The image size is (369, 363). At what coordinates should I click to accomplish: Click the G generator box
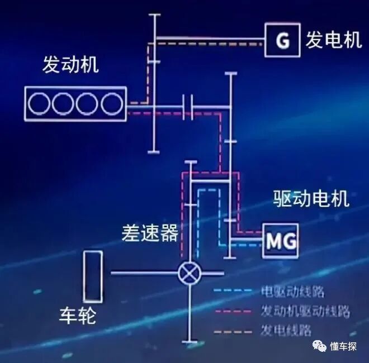coord(283,40)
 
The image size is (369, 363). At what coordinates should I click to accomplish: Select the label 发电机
coord(334,40)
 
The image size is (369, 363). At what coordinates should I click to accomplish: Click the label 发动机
coord(70,65)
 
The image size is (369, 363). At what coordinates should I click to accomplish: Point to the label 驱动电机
coord(311,198)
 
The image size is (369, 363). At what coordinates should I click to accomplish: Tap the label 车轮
coord(78,316)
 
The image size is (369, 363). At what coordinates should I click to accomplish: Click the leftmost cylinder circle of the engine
coord(40,103)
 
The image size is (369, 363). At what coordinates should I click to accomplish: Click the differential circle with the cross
coord(189,273)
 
